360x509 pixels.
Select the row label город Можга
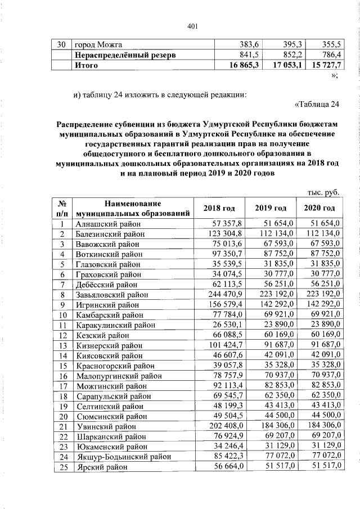[x=99, y=44]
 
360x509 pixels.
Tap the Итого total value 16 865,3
[x=241, y=65]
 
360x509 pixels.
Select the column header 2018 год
[x=219, y=209]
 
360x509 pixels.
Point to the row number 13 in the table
[x=64, y=345]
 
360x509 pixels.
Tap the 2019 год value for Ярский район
[x=274, y=467]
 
